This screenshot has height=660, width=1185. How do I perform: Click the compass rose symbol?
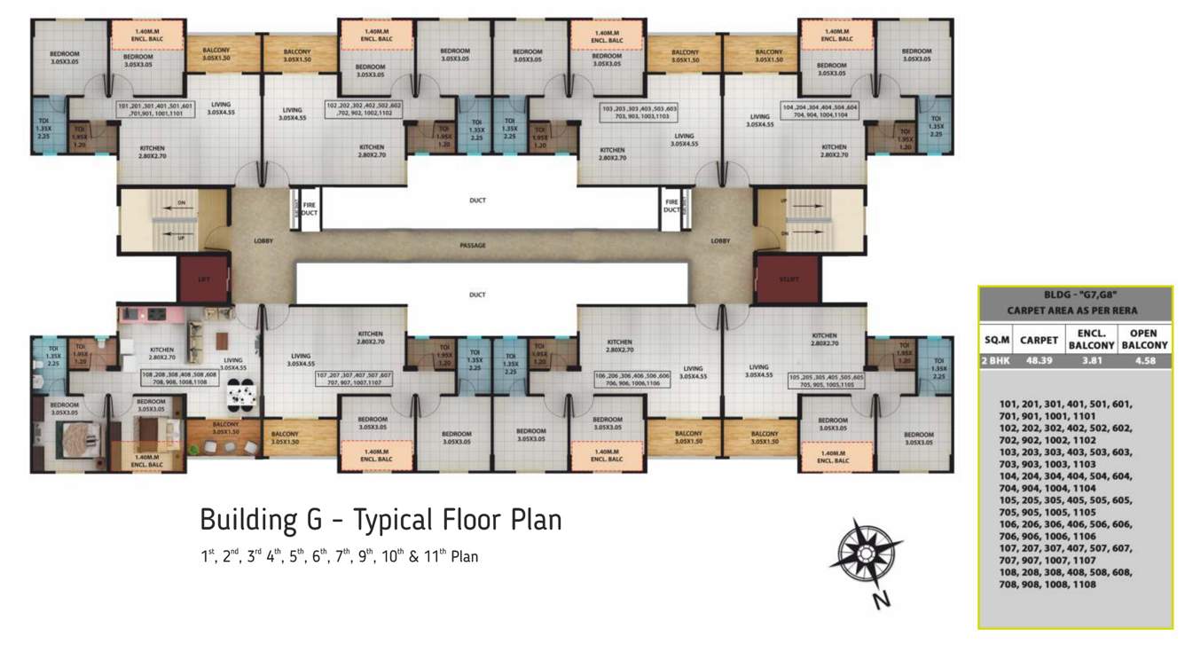(865, 555)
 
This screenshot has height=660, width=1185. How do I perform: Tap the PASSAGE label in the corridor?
(474, 246)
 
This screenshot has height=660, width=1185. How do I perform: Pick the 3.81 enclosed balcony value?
(1091, 361)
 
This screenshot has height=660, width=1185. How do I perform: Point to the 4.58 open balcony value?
(1143, 361)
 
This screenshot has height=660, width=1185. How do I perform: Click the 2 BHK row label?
(995, 361)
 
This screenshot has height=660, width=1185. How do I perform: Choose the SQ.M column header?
(995, 339)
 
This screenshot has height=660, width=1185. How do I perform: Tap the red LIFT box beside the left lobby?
(203, 279)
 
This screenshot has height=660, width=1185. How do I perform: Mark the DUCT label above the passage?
(477, 200)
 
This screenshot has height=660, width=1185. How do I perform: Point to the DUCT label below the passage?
(477, 295)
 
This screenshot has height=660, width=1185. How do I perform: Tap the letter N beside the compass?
(881, 601)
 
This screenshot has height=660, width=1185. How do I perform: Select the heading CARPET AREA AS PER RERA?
(1075, 310)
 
